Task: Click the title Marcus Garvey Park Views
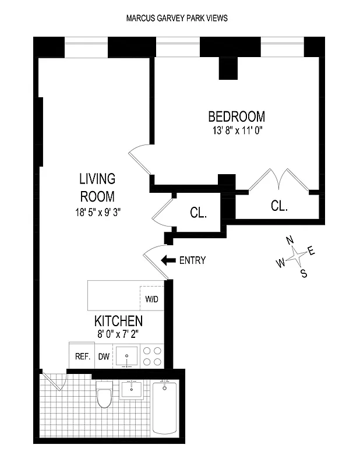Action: pos(177,18)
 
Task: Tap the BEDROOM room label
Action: pos(237,116)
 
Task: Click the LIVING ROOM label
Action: pos(97,187)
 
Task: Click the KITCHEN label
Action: pos(118,321)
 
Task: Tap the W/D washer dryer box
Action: pos(152,299)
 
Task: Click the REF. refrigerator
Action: pos(80,356)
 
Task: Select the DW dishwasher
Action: pos(104,356)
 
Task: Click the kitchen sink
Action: pos(128,356)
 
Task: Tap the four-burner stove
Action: pos(153,356)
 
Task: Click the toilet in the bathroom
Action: pos(105,396)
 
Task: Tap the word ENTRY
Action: pos(192,260)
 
